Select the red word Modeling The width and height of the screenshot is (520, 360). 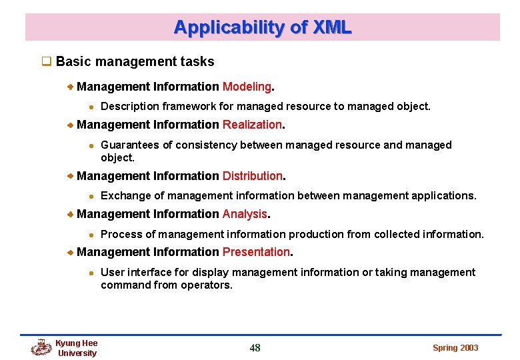coord(247,87)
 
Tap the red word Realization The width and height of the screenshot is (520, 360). coord(252,125)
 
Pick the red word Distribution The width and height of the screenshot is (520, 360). coord(253,176)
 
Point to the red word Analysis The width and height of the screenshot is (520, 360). coord(245,214)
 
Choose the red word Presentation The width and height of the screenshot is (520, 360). coord(256,252)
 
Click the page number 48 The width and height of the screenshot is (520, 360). coord(255,347)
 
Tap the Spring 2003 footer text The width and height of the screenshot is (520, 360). coord(455,347)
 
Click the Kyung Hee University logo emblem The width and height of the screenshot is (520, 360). coord(41,347)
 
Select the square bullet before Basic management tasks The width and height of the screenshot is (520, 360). coord(47,62)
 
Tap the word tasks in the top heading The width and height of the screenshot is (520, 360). coord(197,62)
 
